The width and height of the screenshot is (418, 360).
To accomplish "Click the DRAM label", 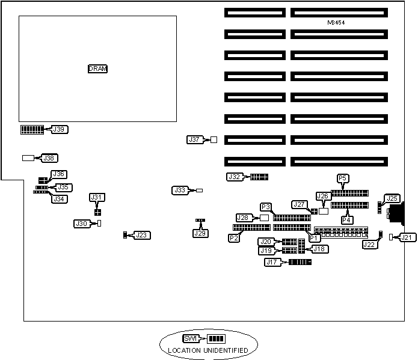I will pos(97,69).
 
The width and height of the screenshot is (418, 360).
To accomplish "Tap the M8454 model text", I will pos(336,23).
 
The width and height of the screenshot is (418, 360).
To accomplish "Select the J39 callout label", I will pos(60,129).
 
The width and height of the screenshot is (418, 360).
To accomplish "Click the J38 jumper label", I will pos(49,158).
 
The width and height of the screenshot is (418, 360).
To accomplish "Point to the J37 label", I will pos(194,139).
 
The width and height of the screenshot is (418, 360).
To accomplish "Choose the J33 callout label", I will pos(180,190).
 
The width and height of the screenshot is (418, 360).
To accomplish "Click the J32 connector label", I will pos(235,177).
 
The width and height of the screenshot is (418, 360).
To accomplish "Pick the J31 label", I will pos(97,197).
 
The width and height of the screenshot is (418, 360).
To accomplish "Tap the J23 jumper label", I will pos(141,235).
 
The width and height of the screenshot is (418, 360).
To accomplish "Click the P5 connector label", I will pos(343,178).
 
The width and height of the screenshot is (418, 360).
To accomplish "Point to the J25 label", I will pos(392,198).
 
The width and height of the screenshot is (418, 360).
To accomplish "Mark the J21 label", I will pos(407,237).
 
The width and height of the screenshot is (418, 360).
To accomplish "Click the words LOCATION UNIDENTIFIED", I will pos(207,350).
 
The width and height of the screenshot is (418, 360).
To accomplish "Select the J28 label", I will pos(244,218).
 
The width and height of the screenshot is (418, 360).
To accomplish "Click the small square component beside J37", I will pos(213,139).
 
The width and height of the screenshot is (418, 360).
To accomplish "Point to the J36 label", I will pos(59,174).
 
